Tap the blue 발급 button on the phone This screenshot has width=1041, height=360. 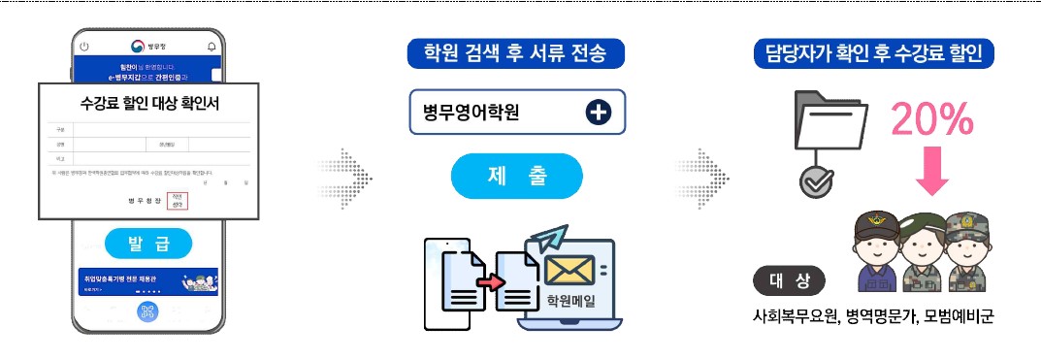[148, 243]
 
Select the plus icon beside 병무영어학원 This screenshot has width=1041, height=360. [599, 112]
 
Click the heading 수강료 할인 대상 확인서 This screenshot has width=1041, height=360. [149, 104]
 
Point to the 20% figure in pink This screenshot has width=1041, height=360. [932, 119]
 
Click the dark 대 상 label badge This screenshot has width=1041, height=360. [790, 281]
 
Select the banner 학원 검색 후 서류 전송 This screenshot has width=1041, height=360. [517, 53]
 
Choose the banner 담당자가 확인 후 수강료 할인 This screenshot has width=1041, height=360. [873, 53]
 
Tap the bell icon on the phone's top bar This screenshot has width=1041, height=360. [212, 47]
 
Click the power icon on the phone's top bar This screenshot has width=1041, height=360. [84, 47]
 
